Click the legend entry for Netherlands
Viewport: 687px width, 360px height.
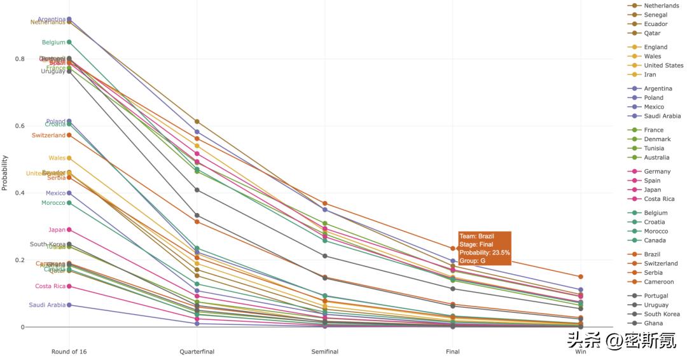[x=661, y=6]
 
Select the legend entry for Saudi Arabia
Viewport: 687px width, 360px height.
[x=662, y=116]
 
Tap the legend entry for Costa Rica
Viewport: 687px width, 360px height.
[x=659, y=199]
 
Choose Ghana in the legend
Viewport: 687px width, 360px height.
[x=653, y=323]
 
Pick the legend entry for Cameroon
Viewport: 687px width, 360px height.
[x=658, y=282]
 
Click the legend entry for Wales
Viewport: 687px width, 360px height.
[x=653, y=57]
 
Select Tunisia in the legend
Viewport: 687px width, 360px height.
[x=656, y=148]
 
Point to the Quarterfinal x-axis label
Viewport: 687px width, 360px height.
[x=197, y=352]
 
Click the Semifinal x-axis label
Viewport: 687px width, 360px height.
[x=324, y=352]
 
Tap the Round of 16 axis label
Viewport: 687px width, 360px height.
[x=69, y=352]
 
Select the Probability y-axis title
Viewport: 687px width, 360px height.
[x=4, y=172]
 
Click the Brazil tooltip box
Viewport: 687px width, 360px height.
[x=485, y=249]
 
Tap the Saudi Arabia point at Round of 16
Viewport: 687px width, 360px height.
[x=69, y=305]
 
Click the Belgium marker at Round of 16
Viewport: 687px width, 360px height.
[x=69, y=43]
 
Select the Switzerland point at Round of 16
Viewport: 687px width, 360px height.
[x=69, y=135]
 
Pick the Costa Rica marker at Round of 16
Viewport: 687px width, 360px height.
[x=69, y=286]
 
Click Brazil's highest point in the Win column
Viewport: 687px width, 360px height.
[x=580, y=277]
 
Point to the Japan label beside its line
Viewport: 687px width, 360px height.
[x=57, y=230]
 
